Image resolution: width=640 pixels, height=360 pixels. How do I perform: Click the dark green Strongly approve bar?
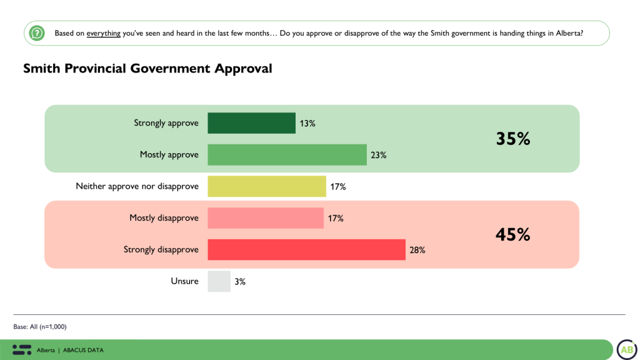tap(251, 123)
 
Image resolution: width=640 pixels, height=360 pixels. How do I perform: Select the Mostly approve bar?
tap(287, 154)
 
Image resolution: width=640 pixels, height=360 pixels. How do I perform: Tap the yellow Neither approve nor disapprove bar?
tap(267, 186)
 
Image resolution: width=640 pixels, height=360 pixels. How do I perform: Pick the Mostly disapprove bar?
tap(266, 218)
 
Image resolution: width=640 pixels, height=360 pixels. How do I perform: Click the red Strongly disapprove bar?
tap(306, 249)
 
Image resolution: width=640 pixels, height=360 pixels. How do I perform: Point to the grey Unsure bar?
tap(219, 281)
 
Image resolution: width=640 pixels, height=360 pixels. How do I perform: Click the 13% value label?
tap(307, 124)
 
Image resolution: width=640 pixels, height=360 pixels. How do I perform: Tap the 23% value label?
tap(379, 155)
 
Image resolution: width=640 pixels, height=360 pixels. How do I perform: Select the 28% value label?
tap(417, 250)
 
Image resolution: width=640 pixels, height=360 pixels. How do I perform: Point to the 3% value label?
tap(240, 282)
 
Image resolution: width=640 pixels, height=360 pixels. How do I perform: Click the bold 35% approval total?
tap(513, 139)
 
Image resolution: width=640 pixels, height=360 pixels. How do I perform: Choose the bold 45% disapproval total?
tap(513, 234)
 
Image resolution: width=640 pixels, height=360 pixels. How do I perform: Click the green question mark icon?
tap(37, 32)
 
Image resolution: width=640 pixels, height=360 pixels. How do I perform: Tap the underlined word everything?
tap(104, 33)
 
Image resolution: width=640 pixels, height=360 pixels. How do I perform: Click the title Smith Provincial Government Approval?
tap(147, 69)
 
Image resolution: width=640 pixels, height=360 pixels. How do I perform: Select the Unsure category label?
tap(184, 281)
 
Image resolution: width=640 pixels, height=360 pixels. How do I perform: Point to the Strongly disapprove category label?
tap(161, 249)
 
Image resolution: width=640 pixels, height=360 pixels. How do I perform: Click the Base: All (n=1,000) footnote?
tap(40, 326)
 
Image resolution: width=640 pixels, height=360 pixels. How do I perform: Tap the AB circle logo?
tap(627, 350)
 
